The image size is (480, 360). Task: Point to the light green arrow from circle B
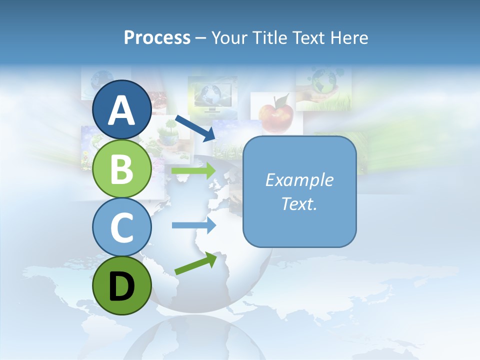[x=193, y=171]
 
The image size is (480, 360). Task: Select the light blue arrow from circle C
[x=193, y=225]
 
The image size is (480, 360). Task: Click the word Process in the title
[x=157, y=37]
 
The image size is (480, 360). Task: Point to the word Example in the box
[x=299, y=180]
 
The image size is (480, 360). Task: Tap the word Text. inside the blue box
[x=299, y=203]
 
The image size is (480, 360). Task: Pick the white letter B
[x=121, y=169]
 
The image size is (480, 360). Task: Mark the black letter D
[x=121, y=286]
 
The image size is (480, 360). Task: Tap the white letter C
[x=121, y=227]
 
